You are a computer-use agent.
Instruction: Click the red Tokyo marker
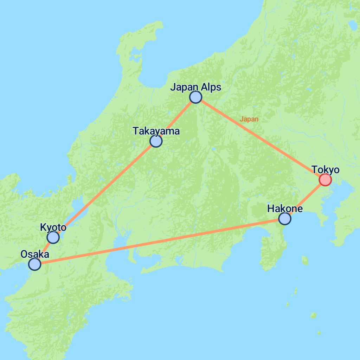325,180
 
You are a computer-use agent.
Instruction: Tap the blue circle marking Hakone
284,219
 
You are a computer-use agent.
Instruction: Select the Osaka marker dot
34,264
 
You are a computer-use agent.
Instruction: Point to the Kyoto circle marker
53,237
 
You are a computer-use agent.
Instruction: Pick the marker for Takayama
156,141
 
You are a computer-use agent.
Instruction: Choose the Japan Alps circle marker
195,97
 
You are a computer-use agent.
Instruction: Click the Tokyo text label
326,170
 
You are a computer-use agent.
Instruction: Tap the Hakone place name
285,208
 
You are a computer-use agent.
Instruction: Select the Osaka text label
34,254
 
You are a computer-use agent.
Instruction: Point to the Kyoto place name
53,227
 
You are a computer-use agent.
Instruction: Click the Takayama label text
156,131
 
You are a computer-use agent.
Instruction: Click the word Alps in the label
211,87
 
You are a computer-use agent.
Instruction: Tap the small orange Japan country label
249,119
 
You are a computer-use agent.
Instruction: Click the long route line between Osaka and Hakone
158,241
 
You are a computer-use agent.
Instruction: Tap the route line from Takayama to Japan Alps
176,119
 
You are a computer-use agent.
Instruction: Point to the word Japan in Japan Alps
185,87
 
